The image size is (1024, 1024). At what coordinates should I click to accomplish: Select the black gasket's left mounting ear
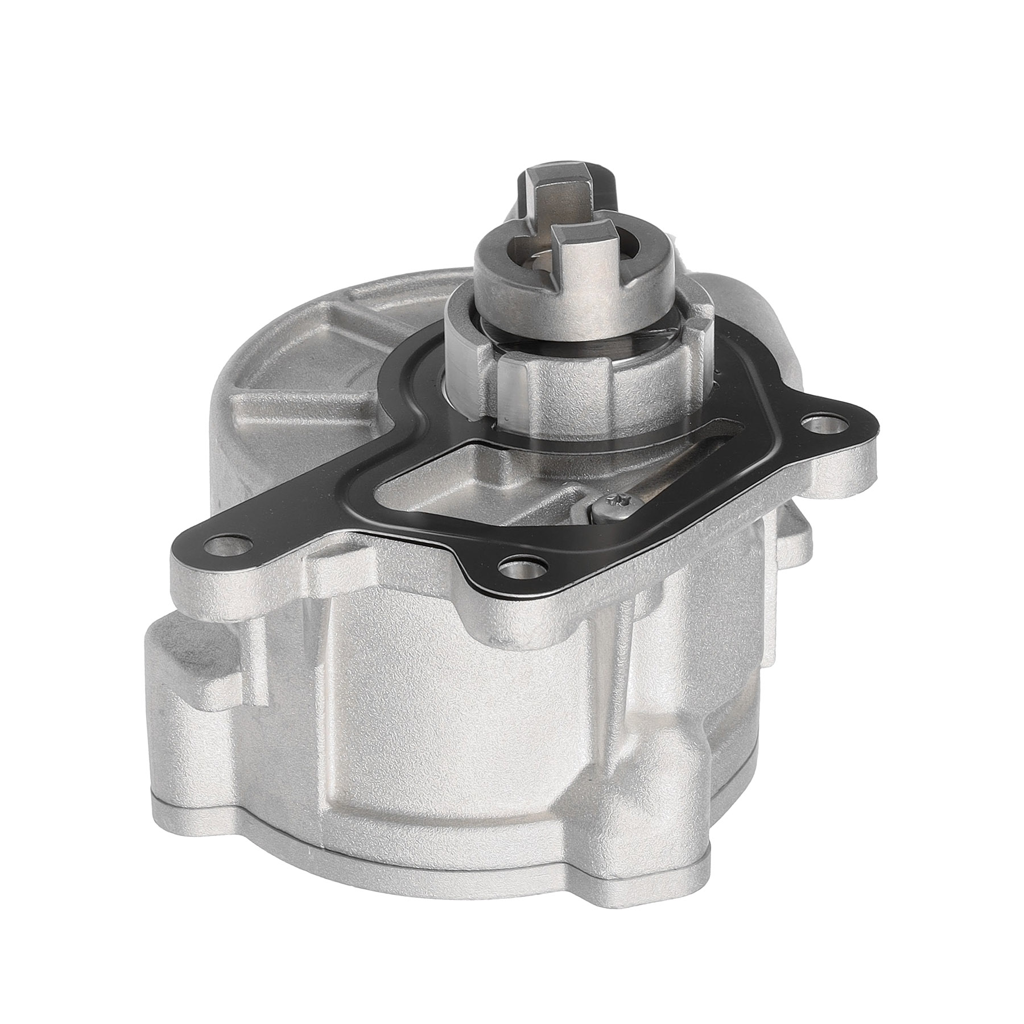coord(210,523)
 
